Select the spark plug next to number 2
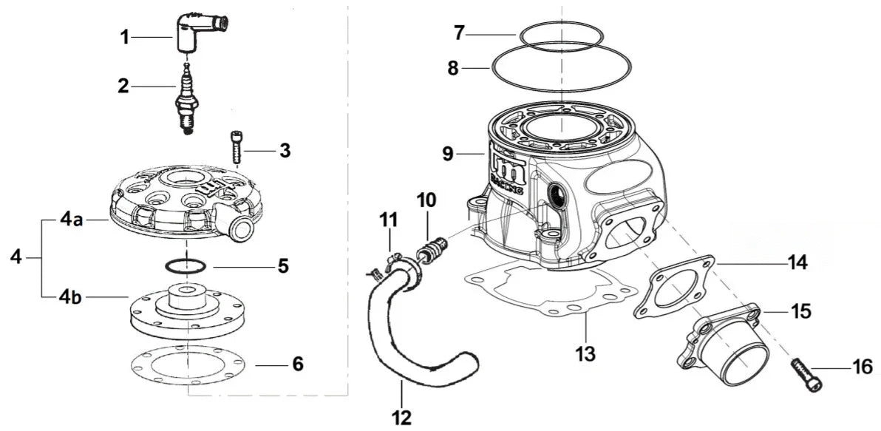click(187, 101)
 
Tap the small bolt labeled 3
click(237, 147)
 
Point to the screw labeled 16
click(808, 374)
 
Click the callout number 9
click(448, 155)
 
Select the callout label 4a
click(72, 220)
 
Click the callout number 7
click(459, 33)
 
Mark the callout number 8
click(452, 68)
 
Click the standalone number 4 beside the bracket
click(16, 258)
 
